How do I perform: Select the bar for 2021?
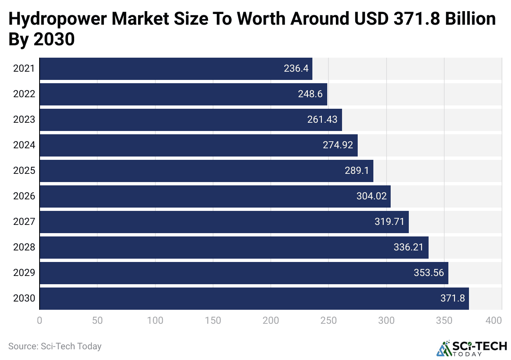pyautogui.click(x=176, y=68)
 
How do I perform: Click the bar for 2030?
pyautogui.click(x=254, y=298)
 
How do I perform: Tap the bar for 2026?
pyautogui.click(x=215, y=196)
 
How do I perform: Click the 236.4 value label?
pyautogui.click(x=296, y=68)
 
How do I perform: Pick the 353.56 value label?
pyautogui.click(x=429, y=273)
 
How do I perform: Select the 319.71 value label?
pyautogui.click(x=389, y=222)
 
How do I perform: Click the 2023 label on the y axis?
pyautogui.click(x=24, y=119)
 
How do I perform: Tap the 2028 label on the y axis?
pyautogui.click(x=24, y=247)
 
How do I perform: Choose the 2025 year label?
pyautogui.click(x=24, y=171)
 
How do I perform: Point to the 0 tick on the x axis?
pyautogui.click(x=40, y=320)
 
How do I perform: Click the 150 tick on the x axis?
pyautogui.click(x=213, y=320)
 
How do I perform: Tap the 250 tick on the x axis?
pyautogui.click(x=328, y=320)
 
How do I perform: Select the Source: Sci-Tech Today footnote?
pyautogui.click(x=55, y=346)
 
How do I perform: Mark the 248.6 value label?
pyautogui.click(x=310, y=94)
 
